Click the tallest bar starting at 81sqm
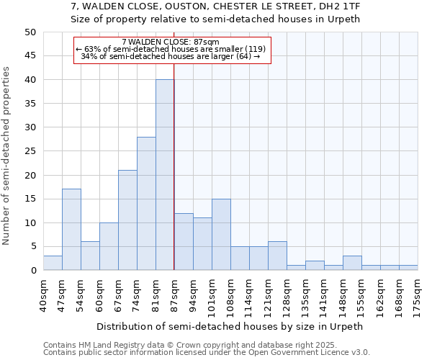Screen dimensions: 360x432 165,175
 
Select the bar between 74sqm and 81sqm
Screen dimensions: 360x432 146,204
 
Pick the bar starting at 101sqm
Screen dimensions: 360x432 221,235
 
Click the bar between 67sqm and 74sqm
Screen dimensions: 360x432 127,220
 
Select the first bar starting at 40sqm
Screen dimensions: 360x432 53,263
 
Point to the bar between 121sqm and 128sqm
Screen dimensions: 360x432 277,256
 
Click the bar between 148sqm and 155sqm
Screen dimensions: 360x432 352,263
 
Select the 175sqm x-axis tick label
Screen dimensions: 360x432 418,294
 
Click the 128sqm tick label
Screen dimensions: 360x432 287,294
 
